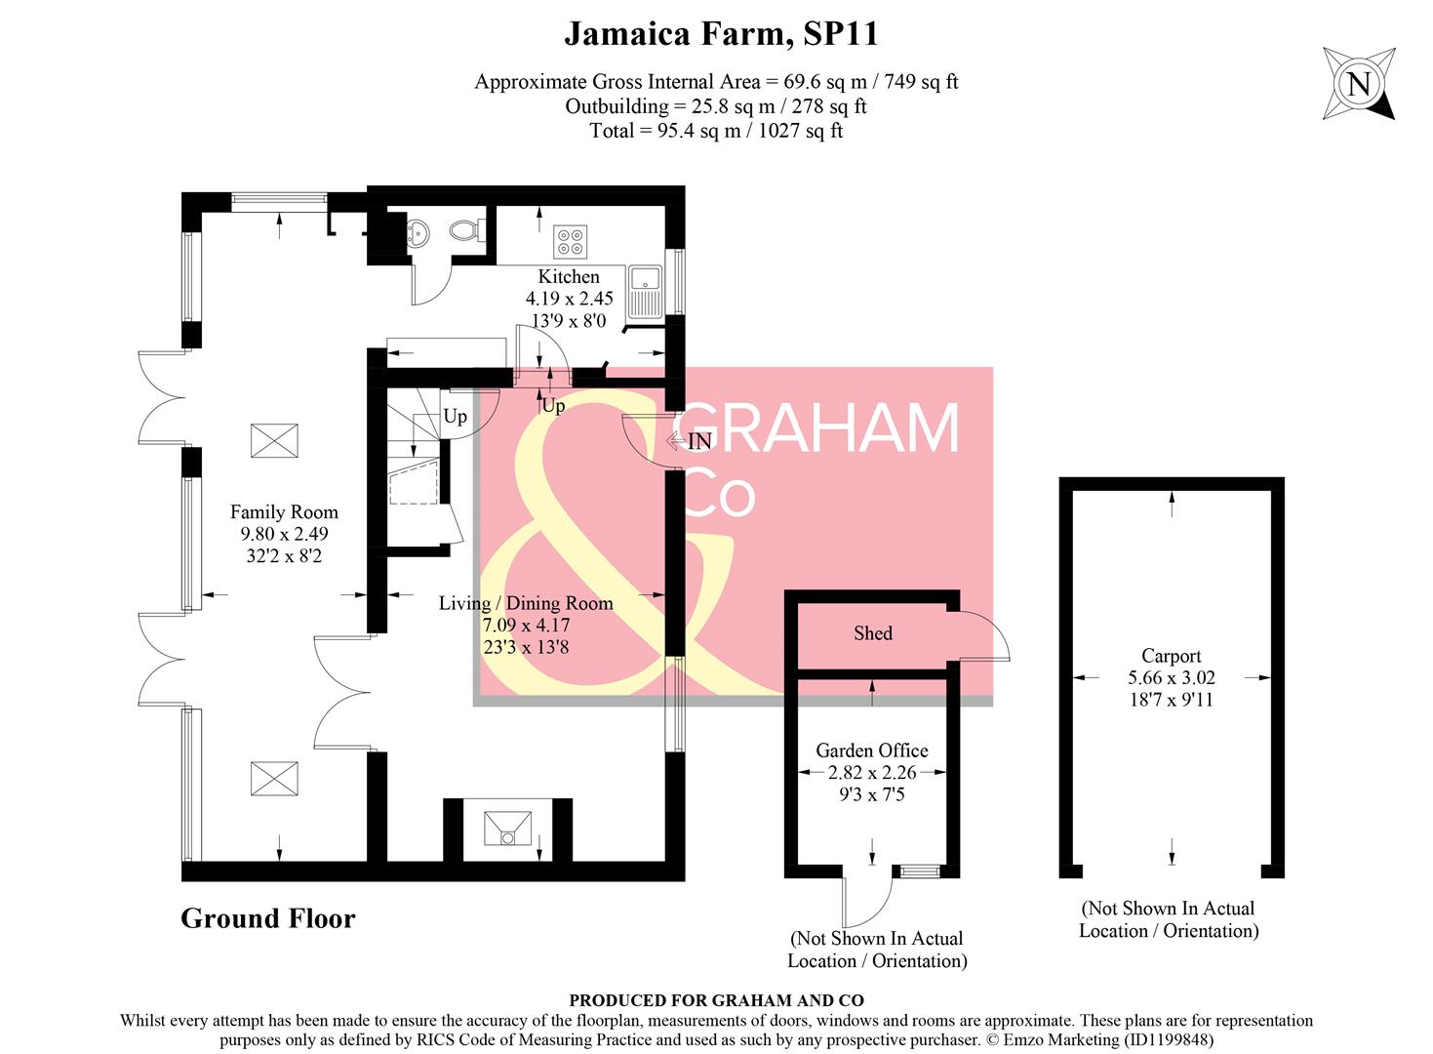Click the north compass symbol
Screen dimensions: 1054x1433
1358,84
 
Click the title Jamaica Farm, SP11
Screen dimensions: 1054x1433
721,34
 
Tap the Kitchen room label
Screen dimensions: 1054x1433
569,277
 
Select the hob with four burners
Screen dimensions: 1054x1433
570,241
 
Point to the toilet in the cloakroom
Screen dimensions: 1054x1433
463,231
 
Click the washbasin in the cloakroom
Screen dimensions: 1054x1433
418,232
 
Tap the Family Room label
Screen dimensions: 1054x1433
284,512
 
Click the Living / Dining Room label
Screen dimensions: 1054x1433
526,603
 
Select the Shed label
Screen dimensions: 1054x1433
872,633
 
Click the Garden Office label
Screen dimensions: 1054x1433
871,750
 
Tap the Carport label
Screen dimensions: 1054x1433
1171,656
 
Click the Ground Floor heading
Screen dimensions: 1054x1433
268,918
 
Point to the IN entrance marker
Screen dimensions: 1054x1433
698,441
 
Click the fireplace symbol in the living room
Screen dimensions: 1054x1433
508,829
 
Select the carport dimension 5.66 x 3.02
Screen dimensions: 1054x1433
1171,677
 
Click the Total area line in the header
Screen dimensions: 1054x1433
716,131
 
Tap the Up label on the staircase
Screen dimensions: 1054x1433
455,417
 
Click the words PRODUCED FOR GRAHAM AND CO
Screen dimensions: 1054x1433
716,1000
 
